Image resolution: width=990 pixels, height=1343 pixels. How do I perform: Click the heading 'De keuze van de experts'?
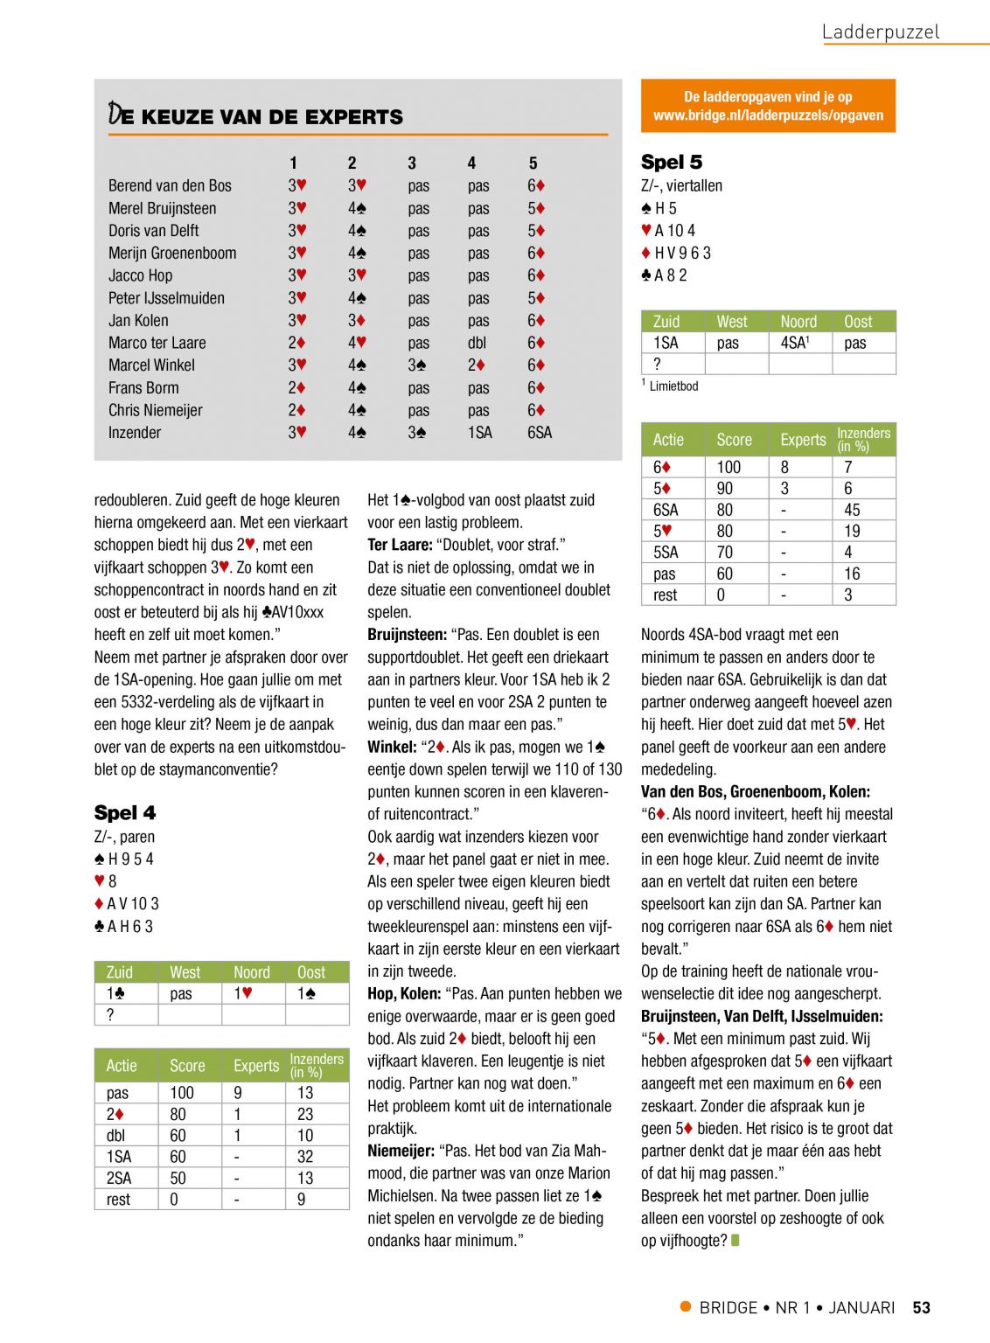tap(255, 115)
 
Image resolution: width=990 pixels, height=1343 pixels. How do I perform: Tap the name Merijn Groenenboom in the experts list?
tap(172, 254)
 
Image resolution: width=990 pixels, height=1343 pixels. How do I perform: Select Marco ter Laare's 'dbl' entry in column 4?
tap(477, 344)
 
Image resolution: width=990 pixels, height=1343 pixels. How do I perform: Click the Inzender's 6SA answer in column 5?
tap(539, 433)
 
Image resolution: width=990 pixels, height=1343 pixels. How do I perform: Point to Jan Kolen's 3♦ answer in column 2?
tap(357, 321)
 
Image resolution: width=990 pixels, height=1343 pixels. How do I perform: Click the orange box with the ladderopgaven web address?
tap(768, 106)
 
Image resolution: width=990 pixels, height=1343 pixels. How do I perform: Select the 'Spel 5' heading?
tap(671, 163)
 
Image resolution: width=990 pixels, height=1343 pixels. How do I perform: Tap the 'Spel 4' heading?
tap(125, 813)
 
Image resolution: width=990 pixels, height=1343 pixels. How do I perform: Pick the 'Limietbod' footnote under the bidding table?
tap(673, 386)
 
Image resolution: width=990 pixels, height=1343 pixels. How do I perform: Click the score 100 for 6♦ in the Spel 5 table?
tap(729, 468)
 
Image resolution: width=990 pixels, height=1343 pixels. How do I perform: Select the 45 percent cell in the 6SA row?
tap(852, 510)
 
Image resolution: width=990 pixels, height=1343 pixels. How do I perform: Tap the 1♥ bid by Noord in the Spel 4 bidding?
tap(242, 994)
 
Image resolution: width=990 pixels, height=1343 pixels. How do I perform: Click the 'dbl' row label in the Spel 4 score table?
tap(115, 1136)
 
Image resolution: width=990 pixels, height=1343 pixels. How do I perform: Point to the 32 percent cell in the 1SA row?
tap(305, 1157)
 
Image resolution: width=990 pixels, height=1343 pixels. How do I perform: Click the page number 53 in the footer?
tap(921, 1308)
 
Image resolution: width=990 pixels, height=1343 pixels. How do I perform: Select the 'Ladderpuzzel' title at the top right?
tap(880, 32)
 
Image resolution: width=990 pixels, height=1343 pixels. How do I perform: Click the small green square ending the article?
tap(736, 1240)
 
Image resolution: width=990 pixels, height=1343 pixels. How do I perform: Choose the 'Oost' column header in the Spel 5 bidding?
tap(858, 322)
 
